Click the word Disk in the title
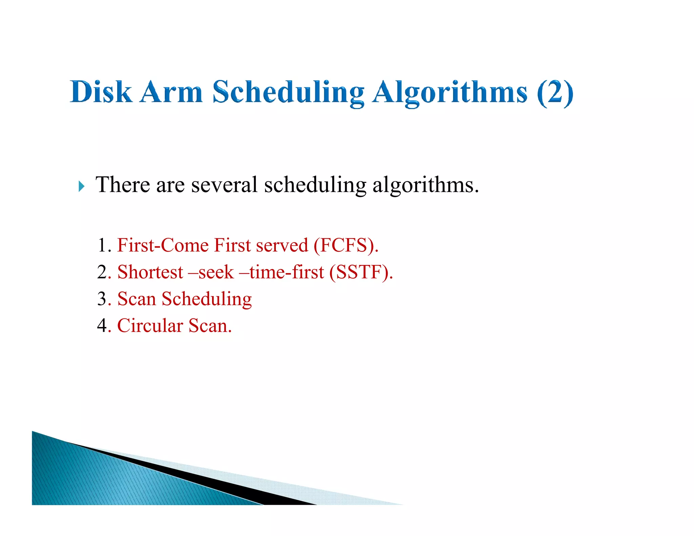(101, 92)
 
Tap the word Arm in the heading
(171, 92)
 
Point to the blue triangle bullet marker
(81, 186)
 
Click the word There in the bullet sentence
(123, 185)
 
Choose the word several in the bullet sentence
(224, 185)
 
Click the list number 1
(102, 245)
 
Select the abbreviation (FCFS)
(346, 245)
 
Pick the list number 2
(102, 272)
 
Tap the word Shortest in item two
(150, 272)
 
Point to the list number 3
(102, 298)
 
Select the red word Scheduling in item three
(207, 299)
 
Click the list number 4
(102, 325)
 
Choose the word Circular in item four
(150, 325)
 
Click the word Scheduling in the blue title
(288, 92)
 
